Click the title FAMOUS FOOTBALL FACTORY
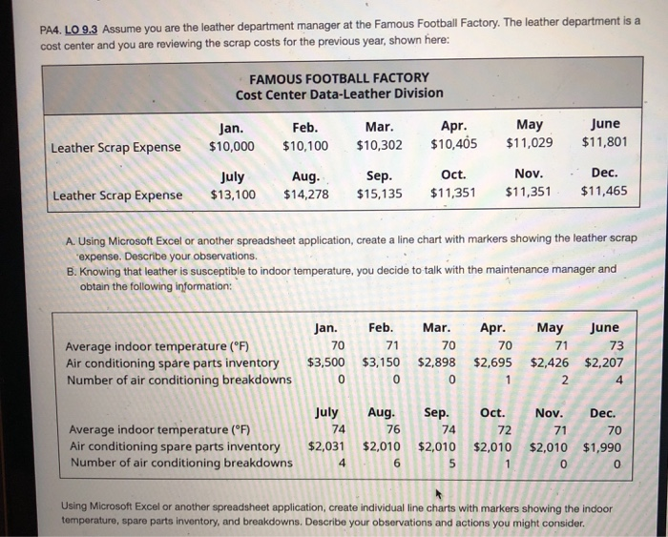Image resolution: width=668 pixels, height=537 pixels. point(339,77)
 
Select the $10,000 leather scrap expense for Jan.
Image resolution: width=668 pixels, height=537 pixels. point(232,147)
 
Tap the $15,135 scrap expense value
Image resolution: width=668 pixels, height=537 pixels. point(379,195)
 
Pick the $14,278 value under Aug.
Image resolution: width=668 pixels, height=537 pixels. point(305,195)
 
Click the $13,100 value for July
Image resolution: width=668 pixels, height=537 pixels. point(233,195)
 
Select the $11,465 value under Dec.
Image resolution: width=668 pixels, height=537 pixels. point(604,191)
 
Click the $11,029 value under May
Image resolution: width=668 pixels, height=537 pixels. point(529,144)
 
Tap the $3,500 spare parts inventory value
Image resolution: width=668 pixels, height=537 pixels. point(326,362)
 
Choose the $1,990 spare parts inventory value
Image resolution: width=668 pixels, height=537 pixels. point(604,446)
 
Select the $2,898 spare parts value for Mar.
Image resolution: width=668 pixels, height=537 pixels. point(437,362)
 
